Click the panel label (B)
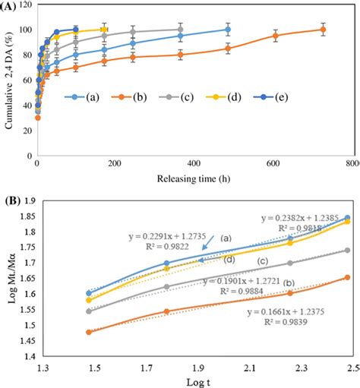11,202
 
